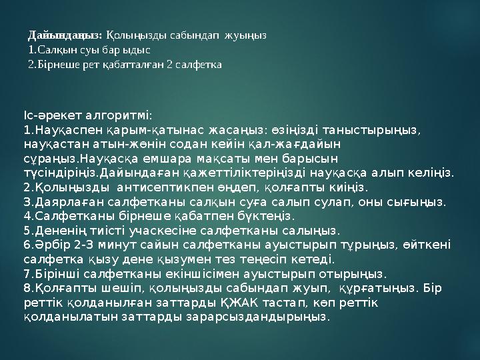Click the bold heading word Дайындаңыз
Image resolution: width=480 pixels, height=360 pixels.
click(65, 34)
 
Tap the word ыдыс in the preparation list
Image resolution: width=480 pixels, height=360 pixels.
click(137, 50)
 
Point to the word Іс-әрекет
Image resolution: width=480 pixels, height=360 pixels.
click(48, 115)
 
